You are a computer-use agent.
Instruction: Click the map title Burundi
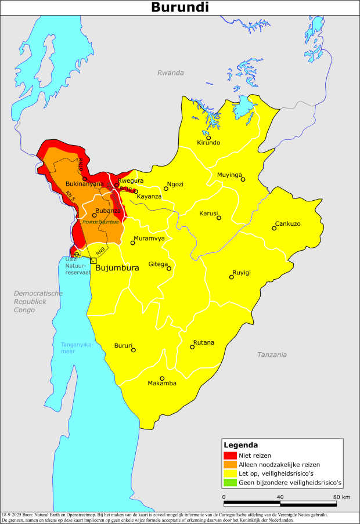point(180,8)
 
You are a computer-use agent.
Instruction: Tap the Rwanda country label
point(170,73)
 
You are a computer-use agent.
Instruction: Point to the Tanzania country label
point(272,355)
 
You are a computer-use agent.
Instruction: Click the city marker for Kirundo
point(208,138)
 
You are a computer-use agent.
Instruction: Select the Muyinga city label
point(229,175)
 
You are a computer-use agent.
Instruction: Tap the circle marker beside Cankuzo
point(274,228)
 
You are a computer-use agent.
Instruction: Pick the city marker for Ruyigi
point(231,277)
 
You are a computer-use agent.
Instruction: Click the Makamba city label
point(162,384)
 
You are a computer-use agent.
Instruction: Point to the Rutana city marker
point(192,347)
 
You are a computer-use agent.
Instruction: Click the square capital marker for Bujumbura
point(93,261)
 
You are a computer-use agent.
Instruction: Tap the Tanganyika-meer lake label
point(77,348)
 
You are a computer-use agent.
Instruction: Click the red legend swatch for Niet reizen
point(231,456)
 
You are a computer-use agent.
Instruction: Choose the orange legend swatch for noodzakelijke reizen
point(231,464)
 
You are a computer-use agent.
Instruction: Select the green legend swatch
point(231,482)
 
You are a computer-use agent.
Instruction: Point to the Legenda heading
point(242,445)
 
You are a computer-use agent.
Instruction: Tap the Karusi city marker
point(219,218)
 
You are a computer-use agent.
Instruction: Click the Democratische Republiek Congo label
point(38,302)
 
